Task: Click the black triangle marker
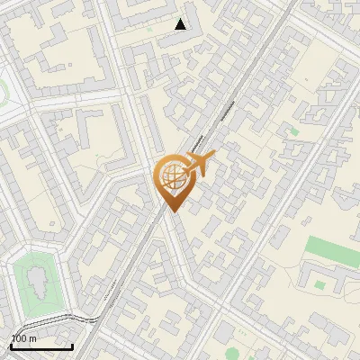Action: tap(181, 24)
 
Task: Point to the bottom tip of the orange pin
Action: tap(170, 211)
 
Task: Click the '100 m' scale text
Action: tap(23, 337)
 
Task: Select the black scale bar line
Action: tap(41, 346)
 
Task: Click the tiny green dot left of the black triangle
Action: tap(150, 30)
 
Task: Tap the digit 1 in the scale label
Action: tap(13, 337)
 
